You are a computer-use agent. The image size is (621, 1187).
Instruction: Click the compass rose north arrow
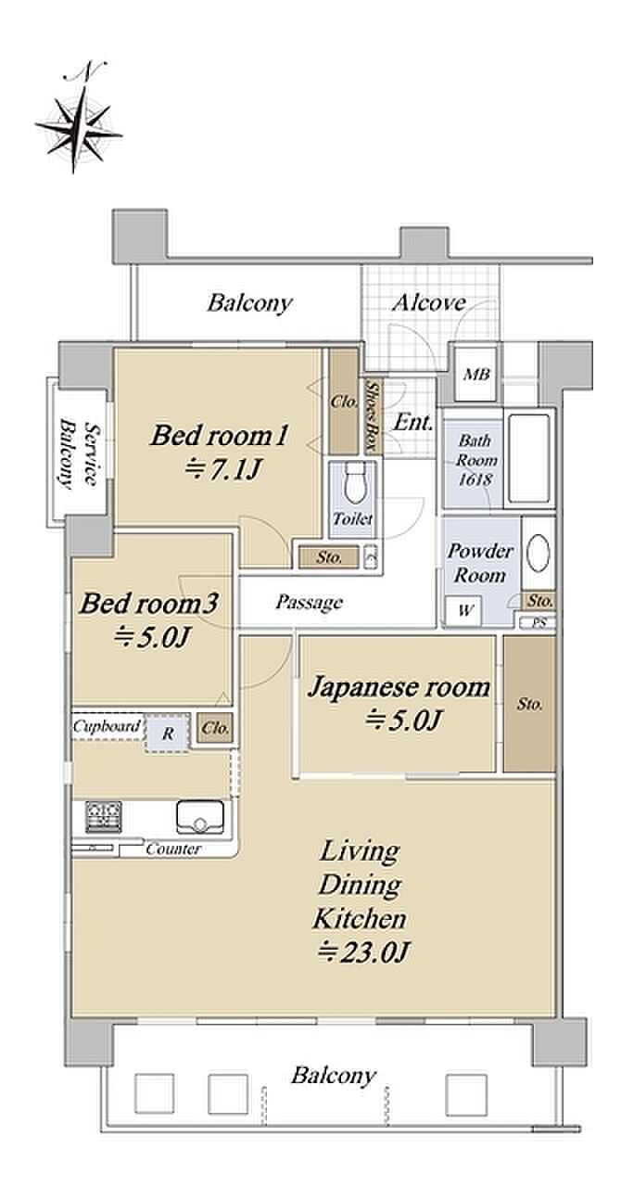point(79,118)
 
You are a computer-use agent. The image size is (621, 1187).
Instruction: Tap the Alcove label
point(428,302)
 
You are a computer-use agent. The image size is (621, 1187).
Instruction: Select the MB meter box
point(476,374)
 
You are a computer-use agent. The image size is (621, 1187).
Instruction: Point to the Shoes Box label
point(374,416)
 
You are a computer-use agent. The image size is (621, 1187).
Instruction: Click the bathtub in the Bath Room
point(528,458)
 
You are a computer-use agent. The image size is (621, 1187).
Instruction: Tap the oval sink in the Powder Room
point(539,553)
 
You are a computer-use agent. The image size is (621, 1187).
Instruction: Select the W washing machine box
point(463,610)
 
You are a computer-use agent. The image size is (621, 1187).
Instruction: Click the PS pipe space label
point(539,623)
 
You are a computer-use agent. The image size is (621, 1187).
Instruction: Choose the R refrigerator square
point(168,734)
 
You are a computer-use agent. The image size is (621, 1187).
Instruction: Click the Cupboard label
point(108,726)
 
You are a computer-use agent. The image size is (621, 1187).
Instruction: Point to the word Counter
point(173,849)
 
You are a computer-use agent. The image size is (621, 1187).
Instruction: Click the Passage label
point(310,603)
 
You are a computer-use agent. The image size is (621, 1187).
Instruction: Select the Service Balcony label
point(79,453)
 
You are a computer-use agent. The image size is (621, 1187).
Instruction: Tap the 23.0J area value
point(363,952)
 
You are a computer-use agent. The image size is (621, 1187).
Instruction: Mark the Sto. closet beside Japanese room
point(529,704)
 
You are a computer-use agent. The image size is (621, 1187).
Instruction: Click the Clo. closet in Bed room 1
point(344,402)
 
